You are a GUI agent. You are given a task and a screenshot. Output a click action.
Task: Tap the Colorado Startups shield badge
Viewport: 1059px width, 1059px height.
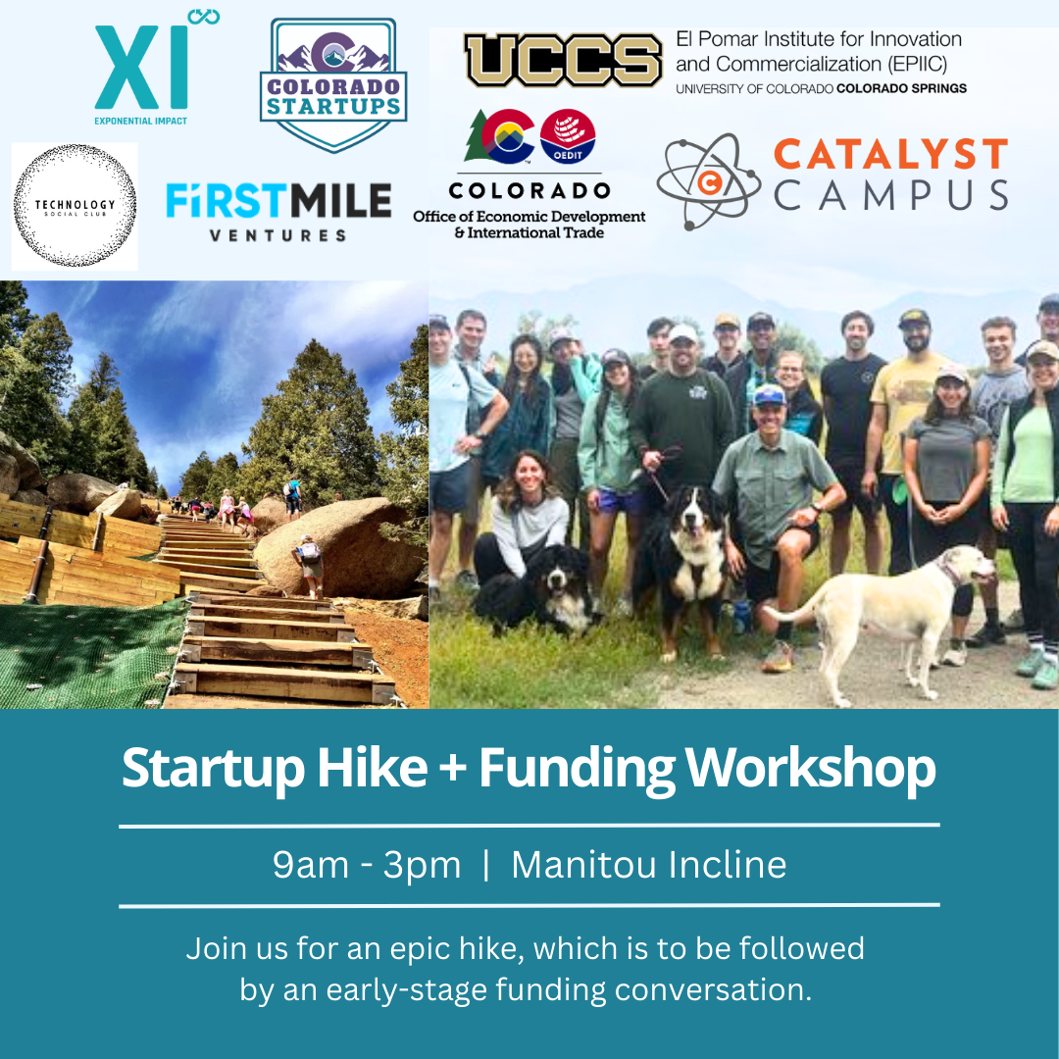[x=333, y=84]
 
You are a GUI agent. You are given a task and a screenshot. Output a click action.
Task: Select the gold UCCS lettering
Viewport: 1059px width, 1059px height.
[x=563, y=60]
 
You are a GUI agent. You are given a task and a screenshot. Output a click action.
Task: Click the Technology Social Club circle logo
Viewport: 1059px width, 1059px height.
[x=75, y=205]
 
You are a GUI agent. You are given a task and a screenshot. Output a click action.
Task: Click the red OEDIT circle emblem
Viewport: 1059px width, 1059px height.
[x=568, y=136]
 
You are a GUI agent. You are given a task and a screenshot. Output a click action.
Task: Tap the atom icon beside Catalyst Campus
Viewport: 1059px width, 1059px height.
[x=709, y=181]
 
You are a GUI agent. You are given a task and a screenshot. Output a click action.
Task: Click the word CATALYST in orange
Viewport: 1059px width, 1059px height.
[x=890, y=154]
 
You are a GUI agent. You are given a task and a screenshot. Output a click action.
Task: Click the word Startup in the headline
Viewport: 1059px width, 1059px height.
[x=213, y=770]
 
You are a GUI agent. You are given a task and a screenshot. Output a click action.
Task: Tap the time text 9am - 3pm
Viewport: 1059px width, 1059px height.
[x=367, y=865]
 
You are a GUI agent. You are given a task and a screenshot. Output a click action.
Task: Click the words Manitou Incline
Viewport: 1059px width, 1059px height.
[x=649, y=865]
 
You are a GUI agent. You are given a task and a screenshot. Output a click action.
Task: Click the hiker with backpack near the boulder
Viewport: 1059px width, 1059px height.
[x=309, y=566]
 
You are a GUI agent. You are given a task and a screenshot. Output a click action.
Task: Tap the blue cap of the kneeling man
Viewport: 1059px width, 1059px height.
[x=769, y=394]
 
